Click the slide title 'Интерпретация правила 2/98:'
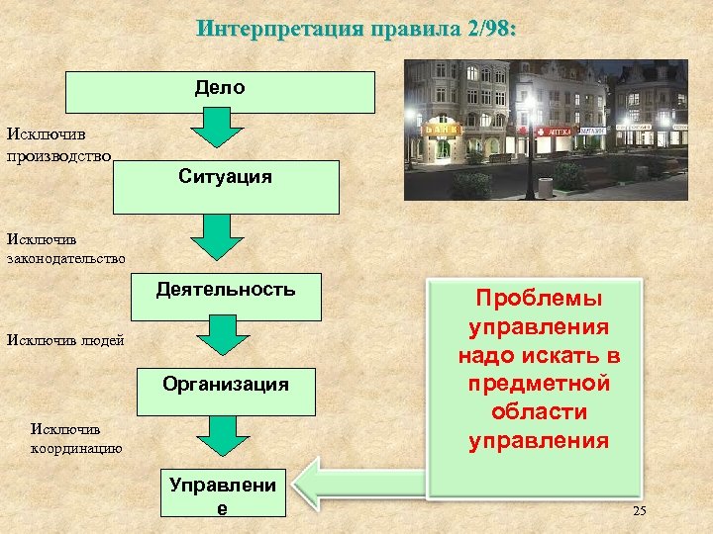point(356,28)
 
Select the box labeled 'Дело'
point(220,91)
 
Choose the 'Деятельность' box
point(225,296)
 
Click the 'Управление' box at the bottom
point(224,492)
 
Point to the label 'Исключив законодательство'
point(65,247)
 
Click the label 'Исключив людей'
point(65,340)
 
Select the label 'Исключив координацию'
point(76,439)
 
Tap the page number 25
point(638,510)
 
